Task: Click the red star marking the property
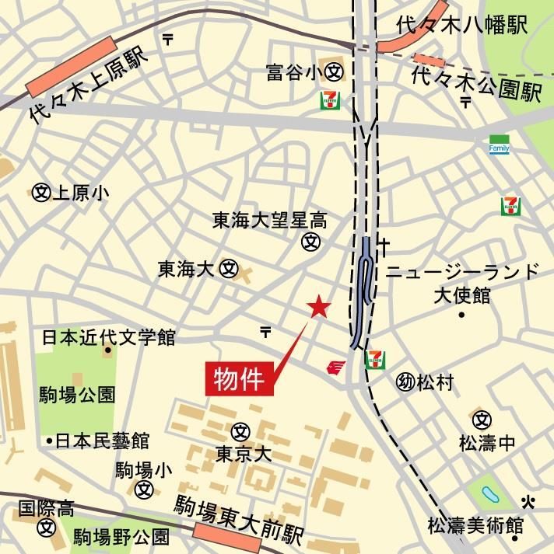(319, 308)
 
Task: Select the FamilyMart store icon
(499, 145)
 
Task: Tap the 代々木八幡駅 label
(461, 24)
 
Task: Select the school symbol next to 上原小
(40, 192)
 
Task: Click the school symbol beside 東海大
(228, 269)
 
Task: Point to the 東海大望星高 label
(270, 221)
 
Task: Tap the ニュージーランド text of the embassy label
(463, 272)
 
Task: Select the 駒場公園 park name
(78, 395)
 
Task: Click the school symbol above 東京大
(240, 429)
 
